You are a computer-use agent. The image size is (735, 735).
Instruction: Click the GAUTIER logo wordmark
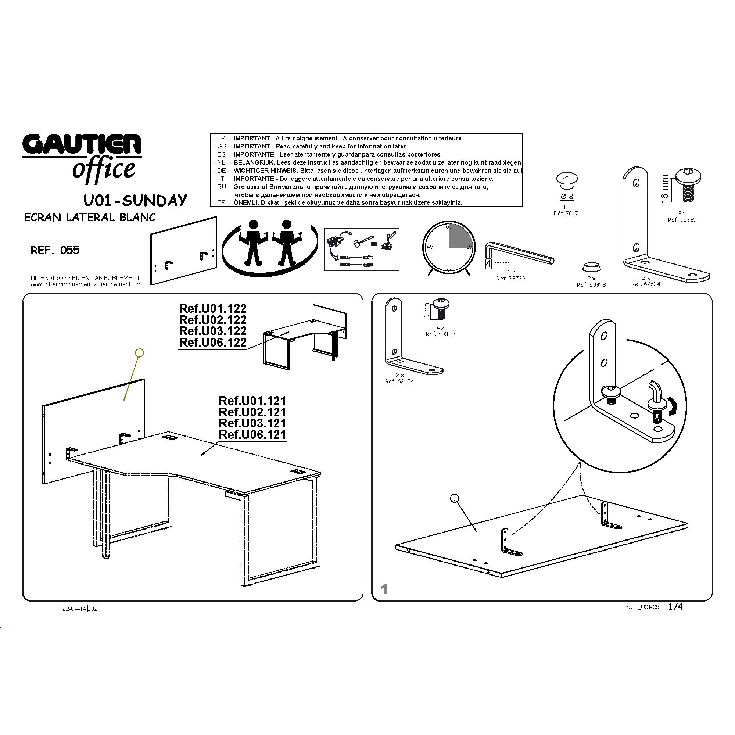pos(82,144)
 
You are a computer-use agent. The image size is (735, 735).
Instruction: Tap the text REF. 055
pos(55,250)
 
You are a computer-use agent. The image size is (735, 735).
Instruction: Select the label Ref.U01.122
pos(213,309)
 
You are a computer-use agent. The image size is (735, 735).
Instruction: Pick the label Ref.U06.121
pos(252,434)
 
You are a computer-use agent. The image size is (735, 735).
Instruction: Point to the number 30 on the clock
pos(449,268)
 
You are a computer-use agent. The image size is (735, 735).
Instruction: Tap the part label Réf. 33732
pos(511,279)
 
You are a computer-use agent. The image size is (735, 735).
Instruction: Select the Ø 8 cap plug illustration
pos(566,186)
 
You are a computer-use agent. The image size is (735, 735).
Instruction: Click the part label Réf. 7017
pos(566,214)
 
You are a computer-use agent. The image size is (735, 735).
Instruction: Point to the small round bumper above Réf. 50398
pos(592,267)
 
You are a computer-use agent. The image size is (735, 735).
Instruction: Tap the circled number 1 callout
pos(455,498)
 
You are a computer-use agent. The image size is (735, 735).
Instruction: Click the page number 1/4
pos(675,607)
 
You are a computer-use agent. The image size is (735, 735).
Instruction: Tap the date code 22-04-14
pos(74,609)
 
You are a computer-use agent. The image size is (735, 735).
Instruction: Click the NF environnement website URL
pos(87,284)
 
